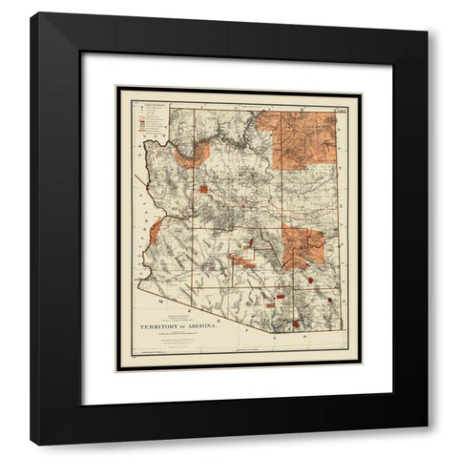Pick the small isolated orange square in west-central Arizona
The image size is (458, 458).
203,189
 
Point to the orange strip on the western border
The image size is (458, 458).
156,230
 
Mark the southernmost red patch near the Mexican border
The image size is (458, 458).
296,323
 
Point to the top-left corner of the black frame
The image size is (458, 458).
32,14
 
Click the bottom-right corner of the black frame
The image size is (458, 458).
426,444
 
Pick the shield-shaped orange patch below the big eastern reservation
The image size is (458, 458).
313,281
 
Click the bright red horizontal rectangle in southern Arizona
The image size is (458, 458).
280,299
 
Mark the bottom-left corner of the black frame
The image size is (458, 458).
32,444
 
